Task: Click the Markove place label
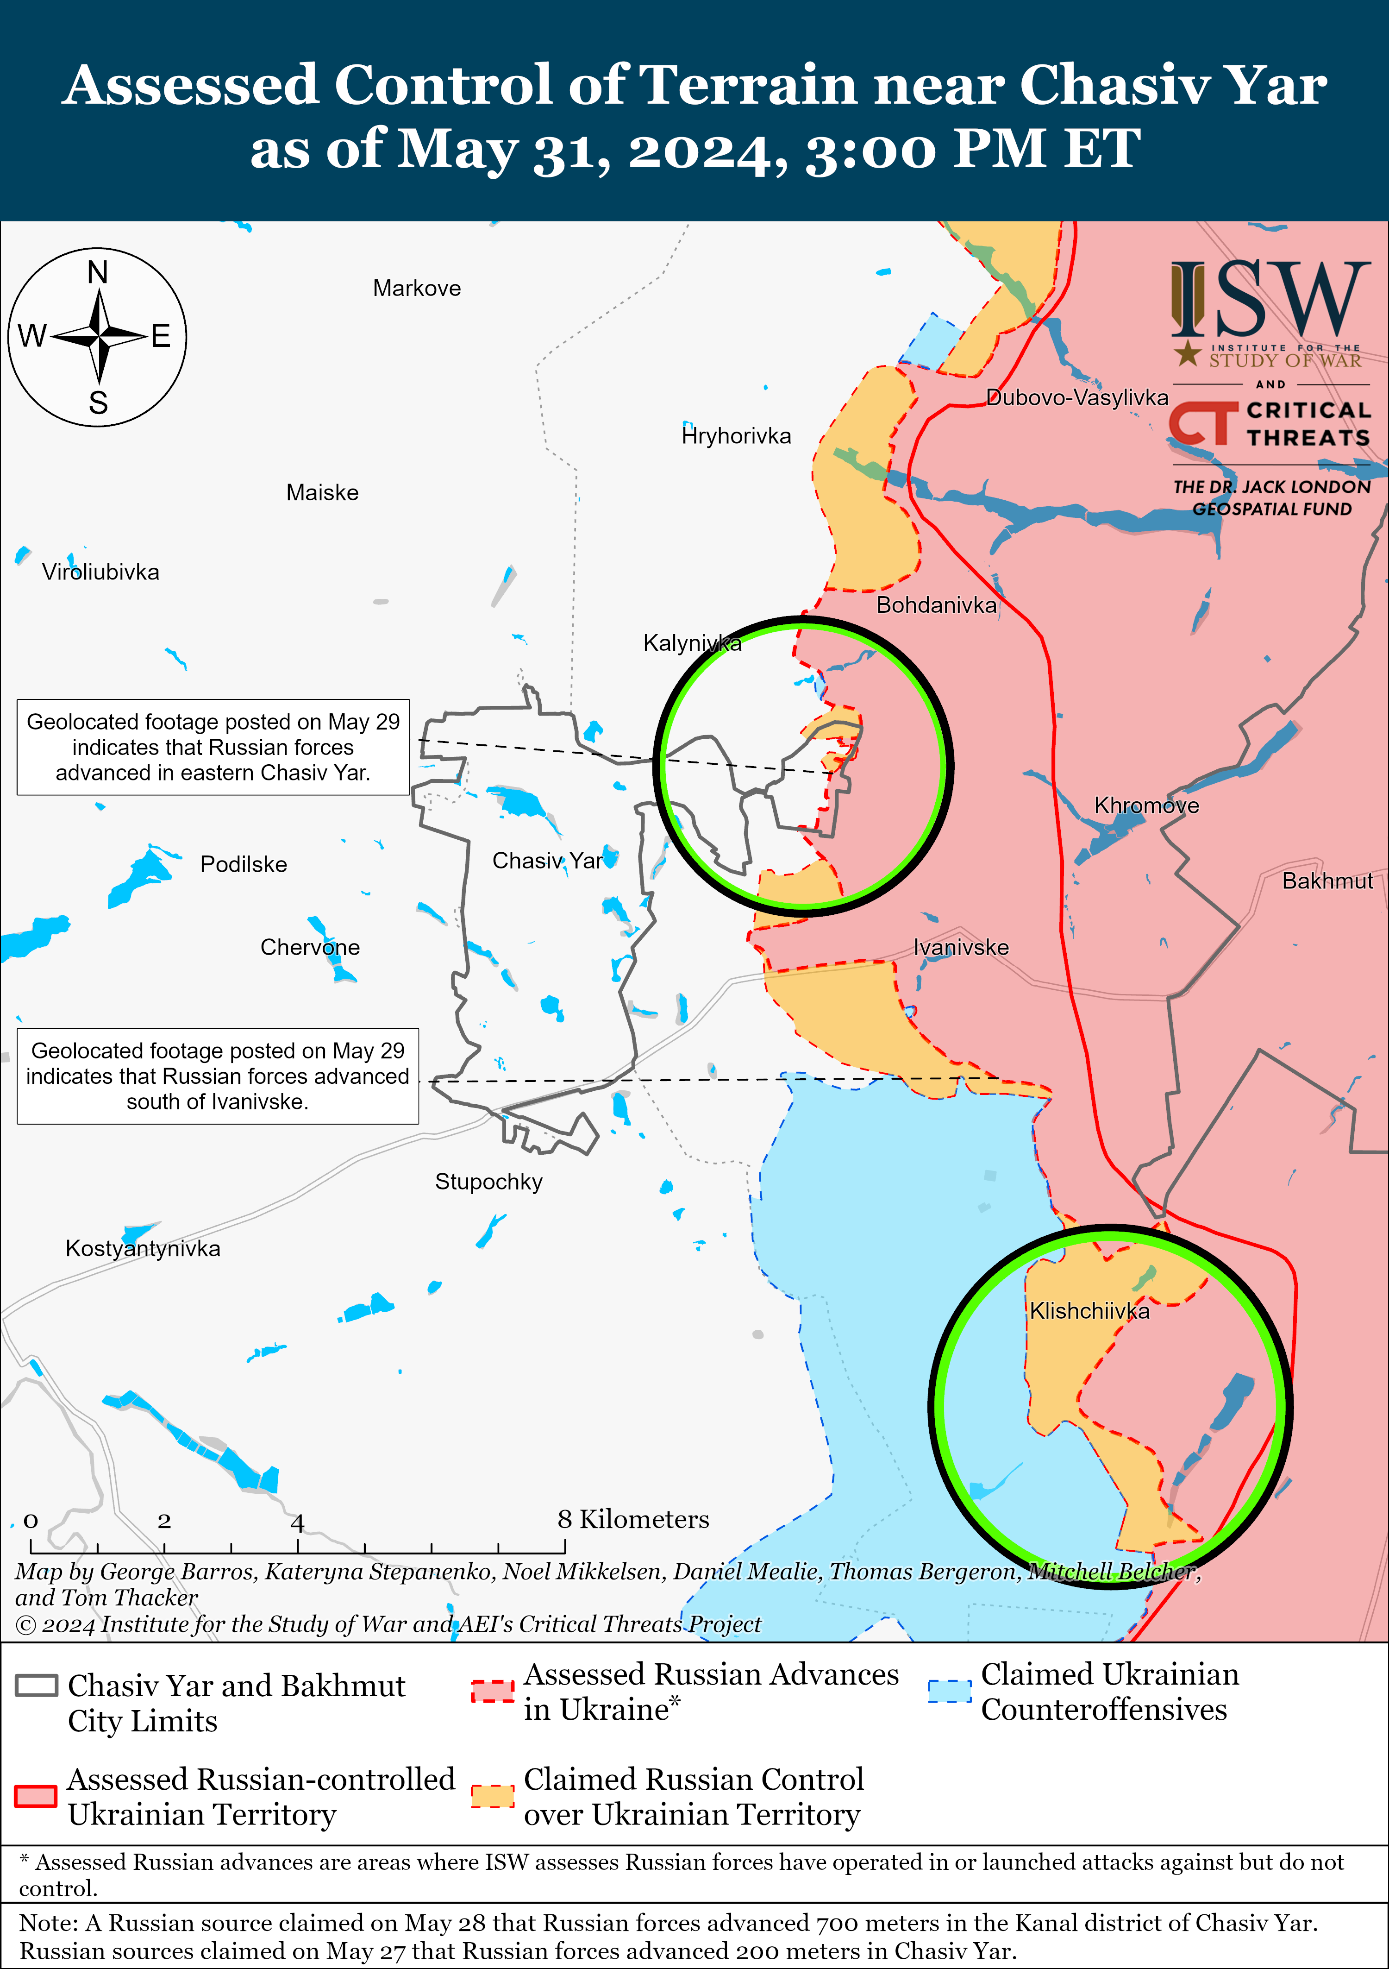coord(417,288)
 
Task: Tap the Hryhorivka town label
coord(736,436)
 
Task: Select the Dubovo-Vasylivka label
coord(1077,397)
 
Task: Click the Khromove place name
coord(1146,805)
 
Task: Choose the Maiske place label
coord(322,492)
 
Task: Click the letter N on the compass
coord(98,273)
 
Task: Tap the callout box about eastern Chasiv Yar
coord(213,747)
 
